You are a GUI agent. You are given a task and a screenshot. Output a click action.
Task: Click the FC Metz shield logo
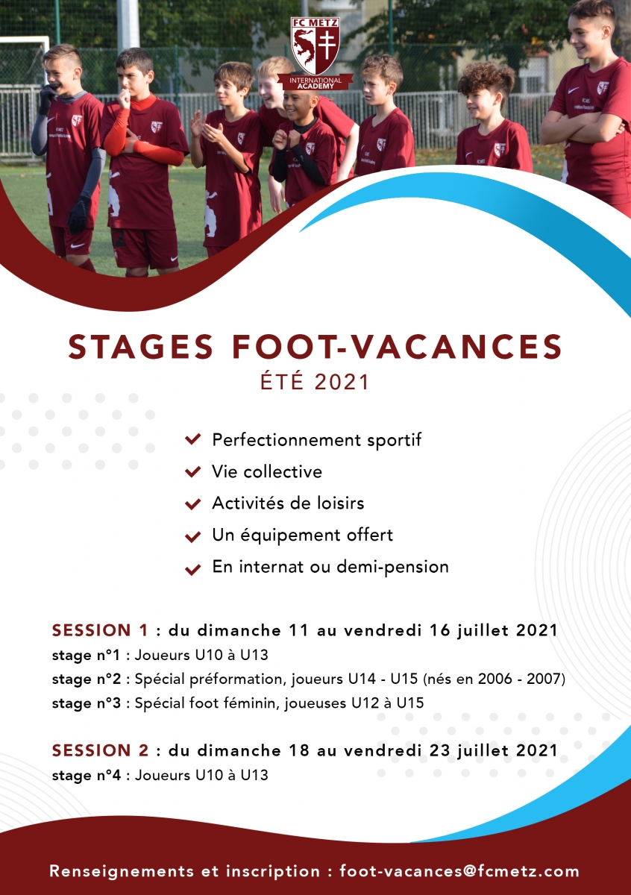point(315,45)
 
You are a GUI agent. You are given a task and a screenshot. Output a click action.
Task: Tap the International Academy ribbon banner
point(315,82)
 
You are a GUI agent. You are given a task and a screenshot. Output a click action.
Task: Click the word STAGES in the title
point(141,347)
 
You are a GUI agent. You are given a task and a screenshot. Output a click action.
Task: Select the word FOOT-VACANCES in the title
point(398,347)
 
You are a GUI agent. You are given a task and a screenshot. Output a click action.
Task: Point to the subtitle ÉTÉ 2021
point(315,382)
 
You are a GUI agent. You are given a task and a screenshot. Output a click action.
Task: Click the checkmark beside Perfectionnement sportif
point(192,439)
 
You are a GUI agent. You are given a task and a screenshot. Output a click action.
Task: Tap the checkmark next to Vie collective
point(192,472)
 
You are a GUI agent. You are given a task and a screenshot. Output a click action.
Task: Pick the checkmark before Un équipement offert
point(192,536)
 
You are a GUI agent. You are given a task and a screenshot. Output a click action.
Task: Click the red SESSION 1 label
point(100,630)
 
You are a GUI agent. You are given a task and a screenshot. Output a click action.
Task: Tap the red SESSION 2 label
point(100,750)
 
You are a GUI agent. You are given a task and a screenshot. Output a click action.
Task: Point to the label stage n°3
point(86,703)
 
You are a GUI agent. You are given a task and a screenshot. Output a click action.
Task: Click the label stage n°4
point(86,775)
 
